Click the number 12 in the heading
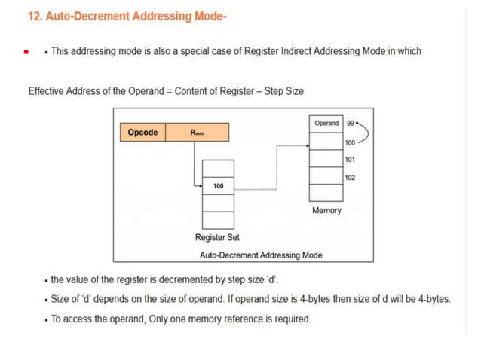point(34,16)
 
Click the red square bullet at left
point(25,52)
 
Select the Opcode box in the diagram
point(142,133)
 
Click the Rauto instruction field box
point(197,133)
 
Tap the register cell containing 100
point(218,185)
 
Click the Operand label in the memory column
point(326,123)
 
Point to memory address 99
point(351,123)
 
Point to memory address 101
point(350,160)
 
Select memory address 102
point(350,178)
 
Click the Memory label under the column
point(326,210)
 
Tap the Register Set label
point(217,238)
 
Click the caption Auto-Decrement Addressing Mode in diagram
point(261,255)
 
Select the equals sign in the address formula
point(169,91)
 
